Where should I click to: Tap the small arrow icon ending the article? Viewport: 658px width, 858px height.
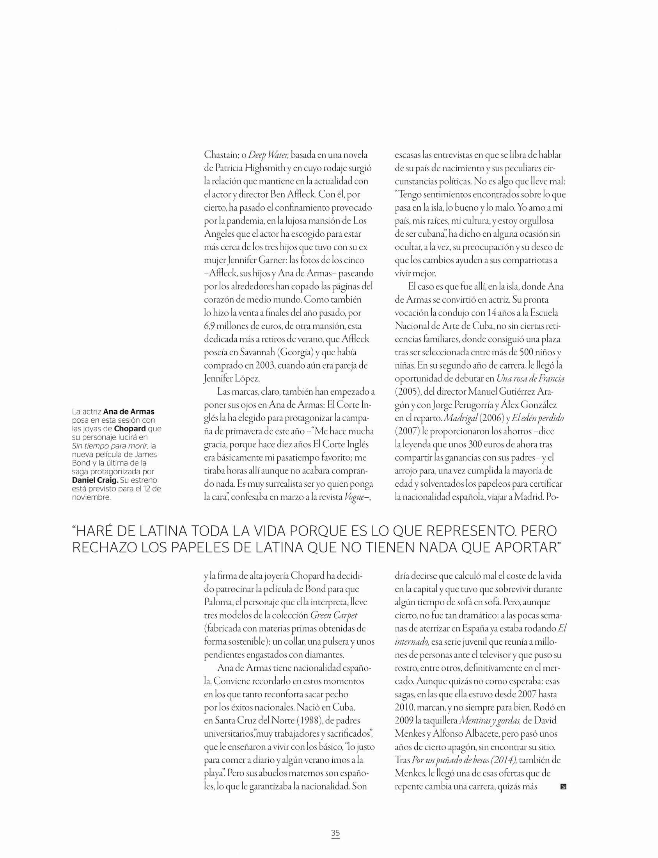[563, 786]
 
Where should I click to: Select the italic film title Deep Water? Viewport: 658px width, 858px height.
[268, 155]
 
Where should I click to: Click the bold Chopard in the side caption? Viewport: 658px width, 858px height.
[129, 429]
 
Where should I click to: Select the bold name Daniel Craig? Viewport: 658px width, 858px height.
[95, 480]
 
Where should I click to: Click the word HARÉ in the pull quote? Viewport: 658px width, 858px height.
[95, 532]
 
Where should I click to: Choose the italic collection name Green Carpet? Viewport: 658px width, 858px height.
[334, 615]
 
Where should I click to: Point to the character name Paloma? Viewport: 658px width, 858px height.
[217, 602]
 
